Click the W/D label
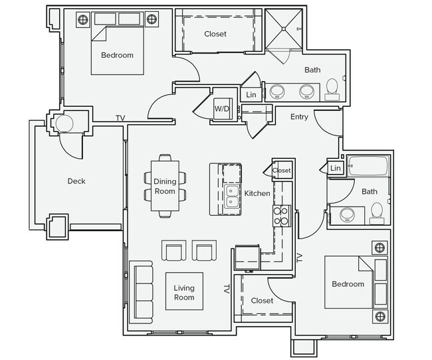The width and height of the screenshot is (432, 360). tap(221, 109)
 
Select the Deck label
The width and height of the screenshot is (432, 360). tap(76, 181)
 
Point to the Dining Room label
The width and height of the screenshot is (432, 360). tap(165, 186)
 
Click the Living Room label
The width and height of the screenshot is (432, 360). tap(184, 293)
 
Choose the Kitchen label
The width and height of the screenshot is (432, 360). tap(257, 194)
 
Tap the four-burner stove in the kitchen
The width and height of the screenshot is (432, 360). tap(280, 215)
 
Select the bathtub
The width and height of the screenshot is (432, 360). tap(369, 167)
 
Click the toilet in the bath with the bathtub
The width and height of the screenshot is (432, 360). tap(377, 212)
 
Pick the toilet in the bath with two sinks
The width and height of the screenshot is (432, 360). tap(332, 89)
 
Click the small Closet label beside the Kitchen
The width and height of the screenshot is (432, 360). tap(282, 171)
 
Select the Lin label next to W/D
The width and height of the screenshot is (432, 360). tap(251, 95)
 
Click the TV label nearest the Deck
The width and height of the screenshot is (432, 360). tap(120, 118)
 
